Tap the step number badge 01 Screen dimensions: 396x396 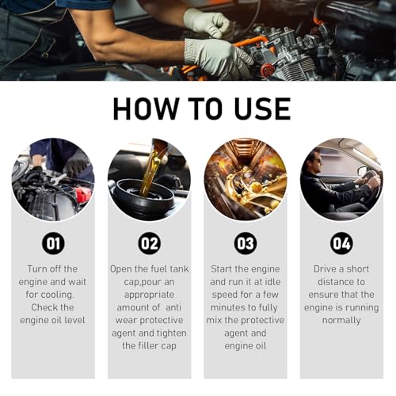[x=53, y=242]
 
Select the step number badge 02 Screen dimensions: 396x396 [x=149, y=242]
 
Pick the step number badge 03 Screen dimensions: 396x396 [x=246, y=242]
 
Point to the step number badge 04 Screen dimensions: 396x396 [x=341, y=242]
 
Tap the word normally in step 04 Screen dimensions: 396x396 [x=341, y=320]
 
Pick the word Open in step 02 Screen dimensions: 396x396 [x=124, y=269]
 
